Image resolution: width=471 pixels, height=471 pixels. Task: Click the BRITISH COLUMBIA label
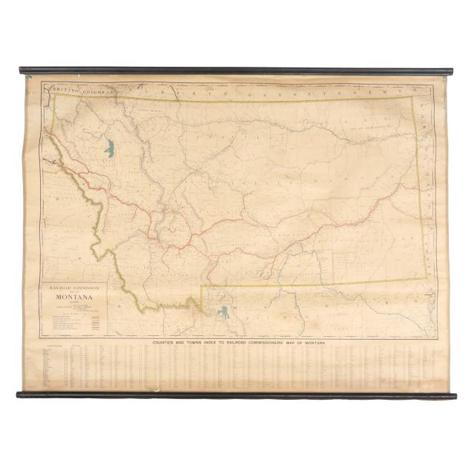tap(81, 90)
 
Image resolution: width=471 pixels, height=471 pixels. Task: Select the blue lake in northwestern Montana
tap(110, 148)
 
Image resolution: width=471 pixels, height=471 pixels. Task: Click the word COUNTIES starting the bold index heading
tap(168, 343)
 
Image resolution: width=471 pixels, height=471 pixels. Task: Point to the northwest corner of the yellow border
tap(53, 94)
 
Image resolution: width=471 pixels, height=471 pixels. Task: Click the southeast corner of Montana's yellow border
tap(426, 278)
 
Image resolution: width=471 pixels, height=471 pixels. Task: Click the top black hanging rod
tap(236, 71)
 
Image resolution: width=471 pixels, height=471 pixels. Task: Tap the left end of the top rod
tap(22, 70)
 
